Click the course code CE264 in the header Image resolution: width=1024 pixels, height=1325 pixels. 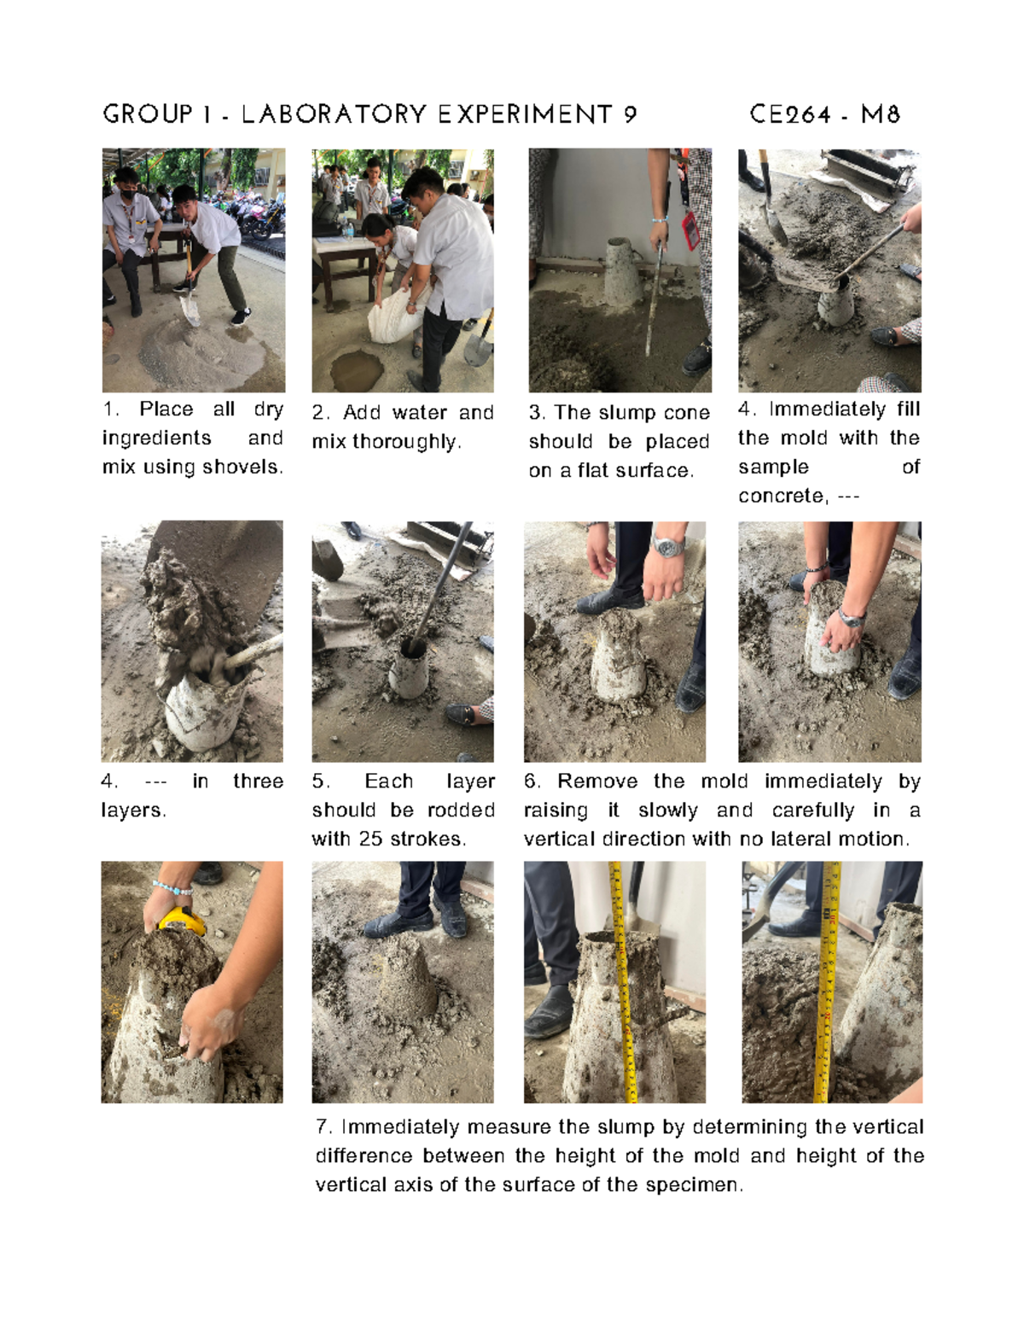(790, 114)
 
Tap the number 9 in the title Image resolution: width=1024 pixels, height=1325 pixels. (630, 114)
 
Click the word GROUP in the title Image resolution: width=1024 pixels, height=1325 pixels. (148, 114)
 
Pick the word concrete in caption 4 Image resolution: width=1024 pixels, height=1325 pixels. (782, 497)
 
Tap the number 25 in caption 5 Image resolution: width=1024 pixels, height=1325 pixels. (370, 840)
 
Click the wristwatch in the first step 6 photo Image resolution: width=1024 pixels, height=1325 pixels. (668, 546)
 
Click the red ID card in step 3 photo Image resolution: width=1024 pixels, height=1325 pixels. (690, 230)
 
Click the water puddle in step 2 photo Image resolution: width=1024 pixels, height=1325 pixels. (357, 370)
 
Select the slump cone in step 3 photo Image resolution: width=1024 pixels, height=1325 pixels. (625, 271)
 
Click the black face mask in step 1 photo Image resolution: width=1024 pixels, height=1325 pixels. (127, 195)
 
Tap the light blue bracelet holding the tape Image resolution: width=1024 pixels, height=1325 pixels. (172, 888)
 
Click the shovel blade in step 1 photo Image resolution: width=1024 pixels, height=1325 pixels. (189, 309)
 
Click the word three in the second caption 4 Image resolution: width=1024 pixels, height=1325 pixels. (258, 782)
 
